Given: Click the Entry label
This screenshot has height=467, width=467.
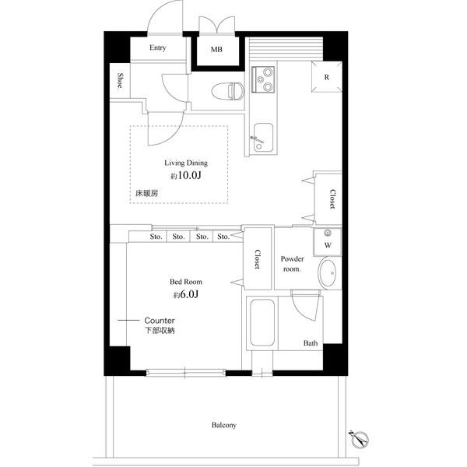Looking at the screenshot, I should coord(157,48).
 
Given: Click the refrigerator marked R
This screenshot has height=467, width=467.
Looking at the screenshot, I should coord(325,77).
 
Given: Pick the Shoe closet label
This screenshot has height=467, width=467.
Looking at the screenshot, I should coord(121,81).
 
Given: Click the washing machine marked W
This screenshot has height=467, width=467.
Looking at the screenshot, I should coord(327,243).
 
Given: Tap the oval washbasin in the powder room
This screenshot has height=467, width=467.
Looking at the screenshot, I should coord(328,275).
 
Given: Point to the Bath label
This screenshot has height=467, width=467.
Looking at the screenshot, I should coord(311,343).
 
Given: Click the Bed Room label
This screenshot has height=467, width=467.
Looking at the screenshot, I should coord(186,282).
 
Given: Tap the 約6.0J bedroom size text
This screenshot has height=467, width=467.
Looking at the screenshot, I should coord(186,295).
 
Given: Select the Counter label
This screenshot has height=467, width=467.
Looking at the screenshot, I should coord(160,321).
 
